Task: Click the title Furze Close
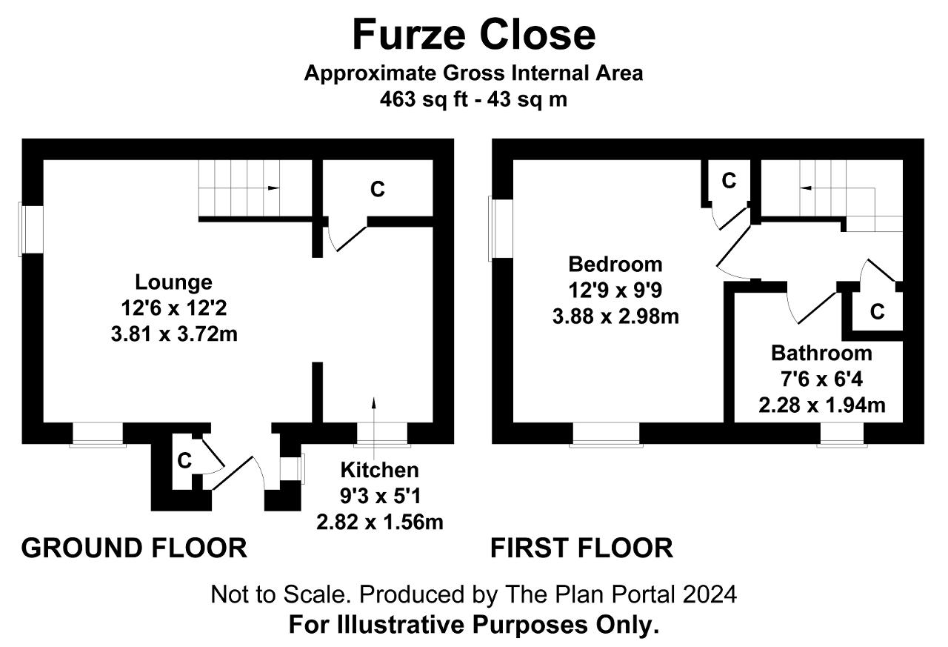pos(473,34)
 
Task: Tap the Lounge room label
pos(173,282)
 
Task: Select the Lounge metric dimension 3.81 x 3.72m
pos(174,334)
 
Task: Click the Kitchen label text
pos(380,470)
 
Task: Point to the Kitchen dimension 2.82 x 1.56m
pos(380,522)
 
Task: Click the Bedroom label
pos(615,265)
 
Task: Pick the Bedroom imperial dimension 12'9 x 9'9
pos(615,291)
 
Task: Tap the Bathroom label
pos(821,353)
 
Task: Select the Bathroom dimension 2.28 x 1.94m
pos(822,405)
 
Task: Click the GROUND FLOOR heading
pos(134,548)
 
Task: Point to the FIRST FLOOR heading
pos(581,548)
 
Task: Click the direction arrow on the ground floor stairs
pos(273,188)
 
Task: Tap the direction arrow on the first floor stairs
pos(805,188)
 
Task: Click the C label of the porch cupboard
pos(184,460)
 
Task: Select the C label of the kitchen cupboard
pos(378,189)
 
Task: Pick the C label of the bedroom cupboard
pos(729,181)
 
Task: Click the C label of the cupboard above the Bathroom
pos(878,312)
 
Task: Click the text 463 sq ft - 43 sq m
pos(473,99)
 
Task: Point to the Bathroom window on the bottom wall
pos(842,434)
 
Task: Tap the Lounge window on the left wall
pos(31,230)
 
